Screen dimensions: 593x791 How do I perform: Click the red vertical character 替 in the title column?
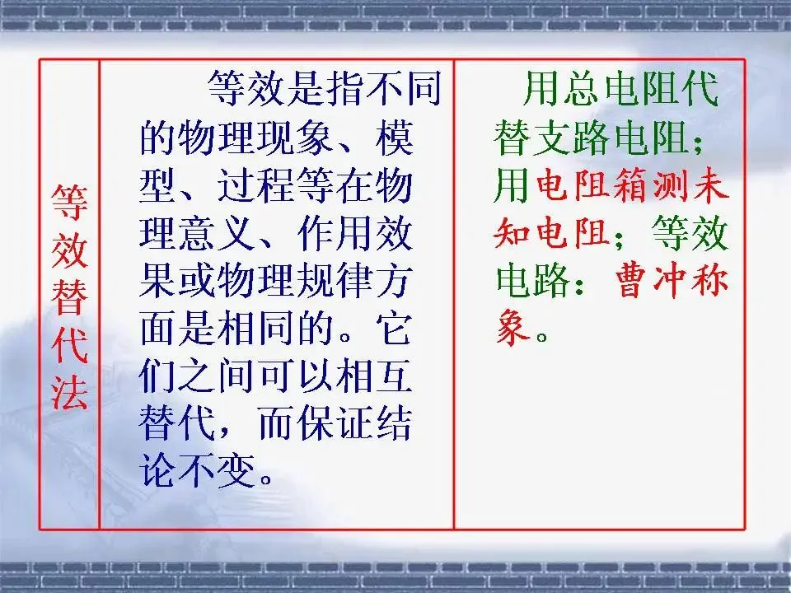point(69,296)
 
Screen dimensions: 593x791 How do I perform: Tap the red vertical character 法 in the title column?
point(69,393)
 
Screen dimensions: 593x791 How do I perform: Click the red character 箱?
point(631,189)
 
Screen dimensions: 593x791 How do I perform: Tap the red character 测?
point(671,189)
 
